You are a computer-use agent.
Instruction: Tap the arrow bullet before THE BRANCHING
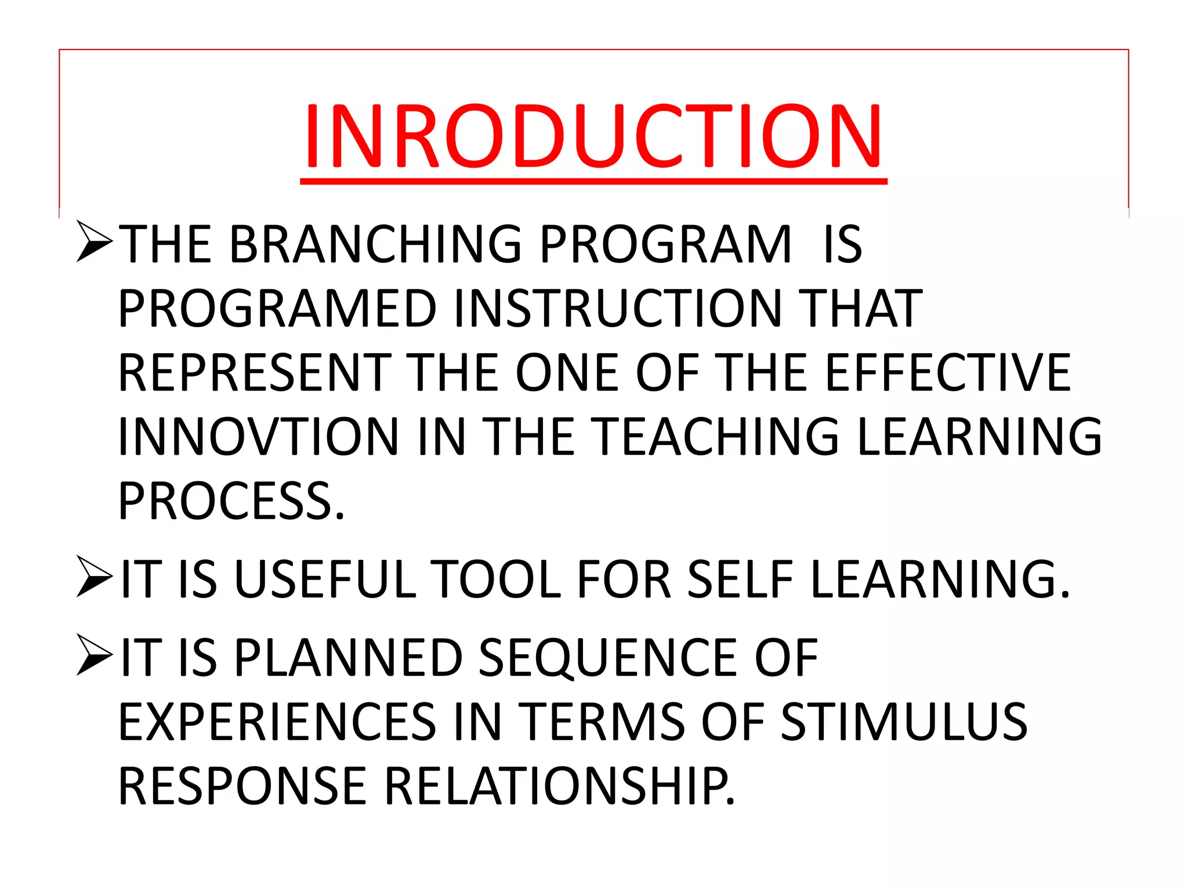[x=95, y=242]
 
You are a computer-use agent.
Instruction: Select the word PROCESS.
[x=230, y=501]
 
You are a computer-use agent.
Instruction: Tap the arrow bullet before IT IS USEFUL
[x=95, y=577]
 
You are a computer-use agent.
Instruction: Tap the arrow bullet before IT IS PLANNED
[x=95, y=655]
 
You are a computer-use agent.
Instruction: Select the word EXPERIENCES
[x=277, y=722]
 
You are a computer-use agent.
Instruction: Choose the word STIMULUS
[x=904, y=722]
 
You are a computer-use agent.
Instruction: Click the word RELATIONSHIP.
[x=559, y=786]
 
